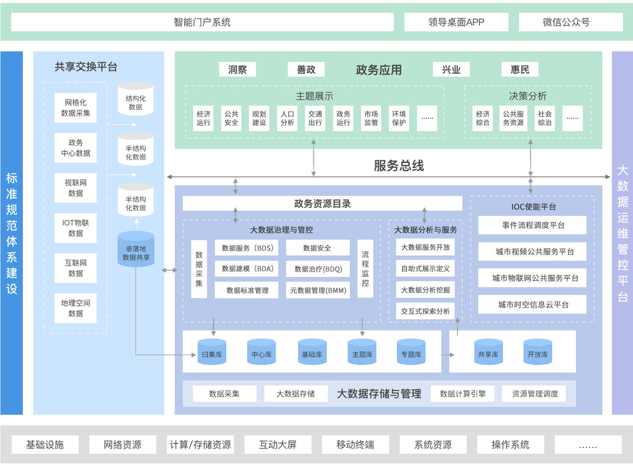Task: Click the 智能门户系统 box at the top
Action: point(202,22)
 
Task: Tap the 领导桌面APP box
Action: point(456,22)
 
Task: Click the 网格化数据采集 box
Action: point(76,108)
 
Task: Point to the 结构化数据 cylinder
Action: point(136,99)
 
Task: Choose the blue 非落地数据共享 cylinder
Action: point(136,250)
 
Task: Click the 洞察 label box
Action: point(237,70)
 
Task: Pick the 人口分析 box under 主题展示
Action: point(287,118)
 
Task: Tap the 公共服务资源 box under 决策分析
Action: point(513,118)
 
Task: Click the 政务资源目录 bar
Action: point(322,203)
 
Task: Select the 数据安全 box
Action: point(317,248)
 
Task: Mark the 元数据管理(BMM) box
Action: point(318,290)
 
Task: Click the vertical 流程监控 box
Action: point(365,268)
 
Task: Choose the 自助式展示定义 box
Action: point(426,268)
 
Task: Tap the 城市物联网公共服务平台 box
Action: point(532,278)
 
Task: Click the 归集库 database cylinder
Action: point(212,353)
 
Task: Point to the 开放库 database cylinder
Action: point(538,353)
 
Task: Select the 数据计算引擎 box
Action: point(462,394)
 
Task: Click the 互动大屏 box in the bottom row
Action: point(278,445)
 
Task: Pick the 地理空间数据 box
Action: point(76,308)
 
